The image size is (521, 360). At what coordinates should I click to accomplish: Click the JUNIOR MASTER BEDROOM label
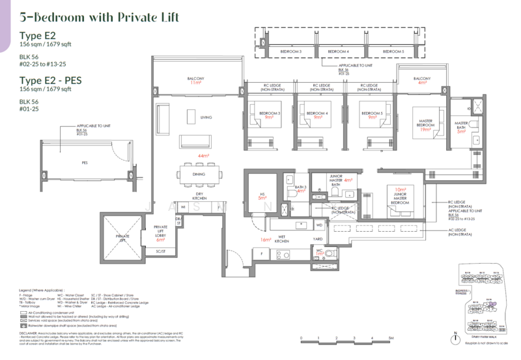click(x=401, y=198)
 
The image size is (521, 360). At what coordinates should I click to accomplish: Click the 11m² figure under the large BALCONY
click(x=195, y=85)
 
